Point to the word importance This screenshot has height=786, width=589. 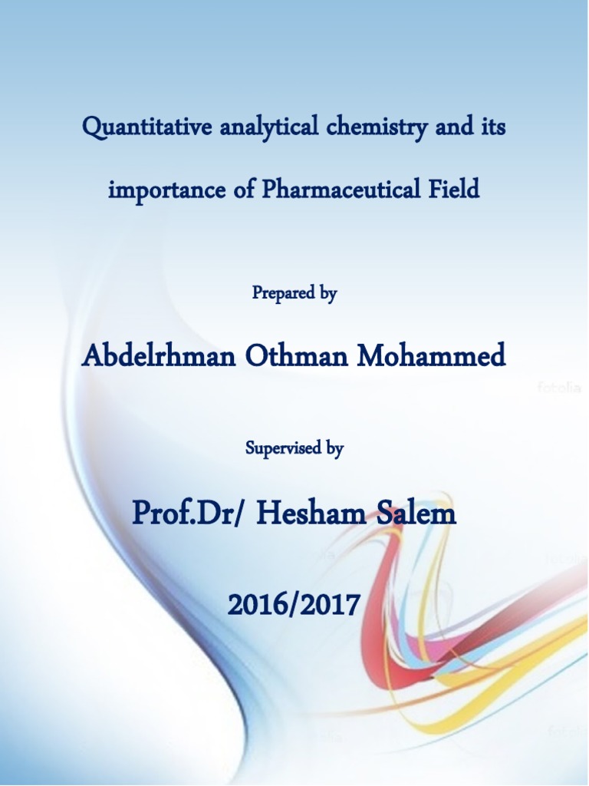[166, 189]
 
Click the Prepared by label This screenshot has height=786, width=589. [294, 292]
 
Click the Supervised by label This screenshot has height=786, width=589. [294, 448]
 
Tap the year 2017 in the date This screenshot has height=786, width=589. [329, 606]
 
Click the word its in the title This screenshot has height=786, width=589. [492, 127]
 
